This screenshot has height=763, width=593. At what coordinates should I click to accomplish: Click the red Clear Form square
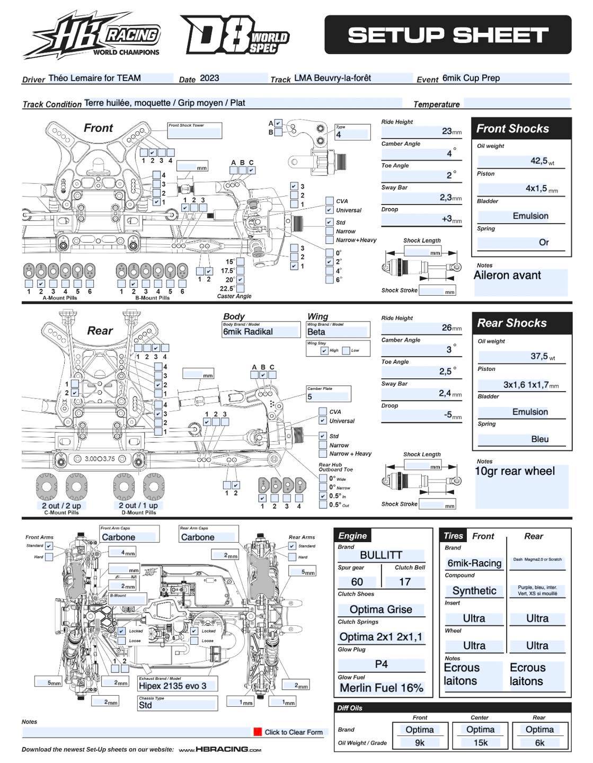coord(258,732)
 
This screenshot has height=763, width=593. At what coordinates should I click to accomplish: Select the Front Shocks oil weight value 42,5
coord(538,161)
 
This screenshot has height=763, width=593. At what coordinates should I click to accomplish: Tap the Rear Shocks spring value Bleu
coord(539,439)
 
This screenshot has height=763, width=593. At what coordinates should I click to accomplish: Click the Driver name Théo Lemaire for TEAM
coord(95,78)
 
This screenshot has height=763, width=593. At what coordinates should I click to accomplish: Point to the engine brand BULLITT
coord(380,555)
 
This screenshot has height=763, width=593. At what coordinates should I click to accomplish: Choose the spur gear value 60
coord(357,581)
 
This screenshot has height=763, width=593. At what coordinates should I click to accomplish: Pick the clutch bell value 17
coord(404,581)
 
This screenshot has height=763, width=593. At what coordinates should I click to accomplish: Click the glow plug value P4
coord(380,664)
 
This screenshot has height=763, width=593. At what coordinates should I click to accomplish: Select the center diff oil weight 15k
coord(480,742)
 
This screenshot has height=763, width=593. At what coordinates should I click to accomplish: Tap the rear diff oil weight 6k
coord(539,742)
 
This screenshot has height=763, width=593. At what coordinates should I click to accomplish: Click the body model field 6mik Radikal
coord(248,332)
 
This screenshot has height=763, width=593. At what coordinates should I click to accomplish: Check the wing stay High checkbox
coord(324,350)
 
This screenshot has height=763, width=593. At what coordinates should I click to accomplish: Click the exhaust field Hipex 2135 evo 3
coord(173,685)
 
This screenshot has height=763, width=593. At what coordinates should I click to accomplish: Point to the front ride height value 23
coord(447,131)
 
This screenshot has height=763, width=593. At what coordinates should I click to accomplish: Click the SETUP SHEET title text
coord(448,35)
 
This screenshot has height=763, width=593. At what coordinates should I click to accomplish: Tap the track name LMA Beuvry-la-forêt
coord(332,78)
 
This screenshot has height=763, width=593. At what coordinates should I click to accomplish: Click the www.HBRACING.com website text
coord(220,749)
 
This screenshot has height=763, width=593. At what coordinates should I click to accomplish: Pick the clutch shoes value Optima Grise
coord(380,609)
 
